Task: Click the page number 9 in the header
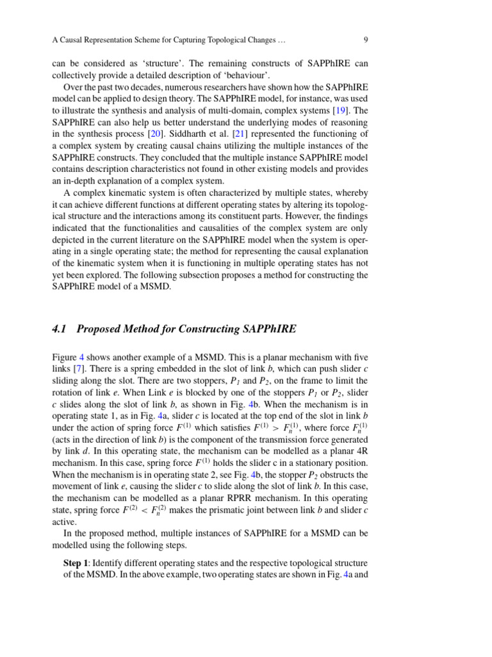coord(365,40)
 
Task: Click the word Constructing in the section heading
coord(204,329)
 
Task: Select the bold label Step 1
coord(76,563)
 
